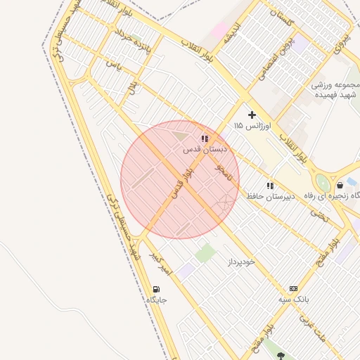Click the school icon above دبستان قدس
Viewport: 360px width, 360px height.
coord(205,139)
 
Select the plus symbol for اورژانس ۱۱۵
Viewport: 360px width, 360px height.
coord(252,114)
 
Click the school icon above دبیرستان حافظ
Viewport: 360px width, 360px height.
coord(270,186)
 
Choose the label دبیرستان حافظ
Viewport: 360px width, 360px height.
coord(269,196)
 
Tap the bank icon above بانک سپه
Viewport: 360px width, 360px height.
coord(293,288)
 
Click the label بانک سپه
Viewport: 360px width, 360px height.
coord(293,300)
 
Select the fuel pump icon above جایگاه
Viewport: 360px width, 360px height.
coord(155,289)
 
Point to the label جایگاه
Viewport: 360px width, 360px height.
coord(156,300)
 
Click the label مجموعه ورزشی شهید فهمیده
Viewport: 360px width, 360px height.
coord(336,89)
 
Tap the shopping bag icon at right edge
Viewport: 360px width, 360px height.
coord(340,186)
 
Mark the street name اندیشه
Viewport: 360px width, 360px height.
coord(233,36)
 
